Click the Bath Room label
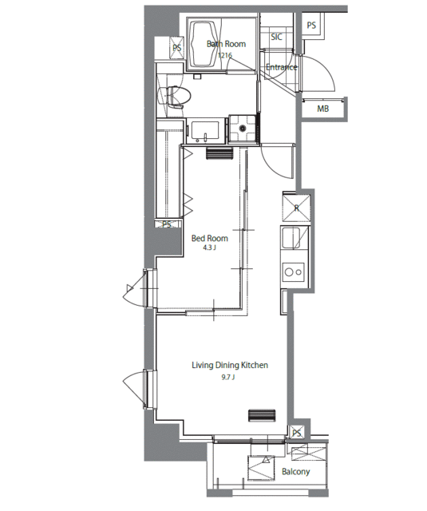tap(226, 44)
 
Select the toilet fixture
tap(174, 97)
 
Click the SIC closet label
tap(276, 37)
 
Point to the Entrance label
tap(282, 67)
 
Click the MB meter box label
tap(322, 109)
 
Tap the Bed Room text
tap(209, 238)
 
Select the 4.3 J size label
tap(209, 248)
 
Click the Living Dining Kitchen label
tap(230, 365)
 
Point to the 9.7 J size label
tap(228, 378)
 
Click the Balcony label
tap(295, 472)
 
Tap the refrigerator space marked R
tap(296, 208)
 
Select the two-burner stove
tap(293, 271)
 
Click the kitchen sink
tap(291, 238)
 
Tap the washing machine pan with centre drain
tap(243, 129)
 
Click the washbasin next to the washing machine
tap(205, 132)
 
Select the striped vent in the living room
tap(262, 415)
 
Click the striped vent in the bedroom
tap(219, 153)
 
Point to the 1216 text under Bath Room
tap(225, 55)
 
